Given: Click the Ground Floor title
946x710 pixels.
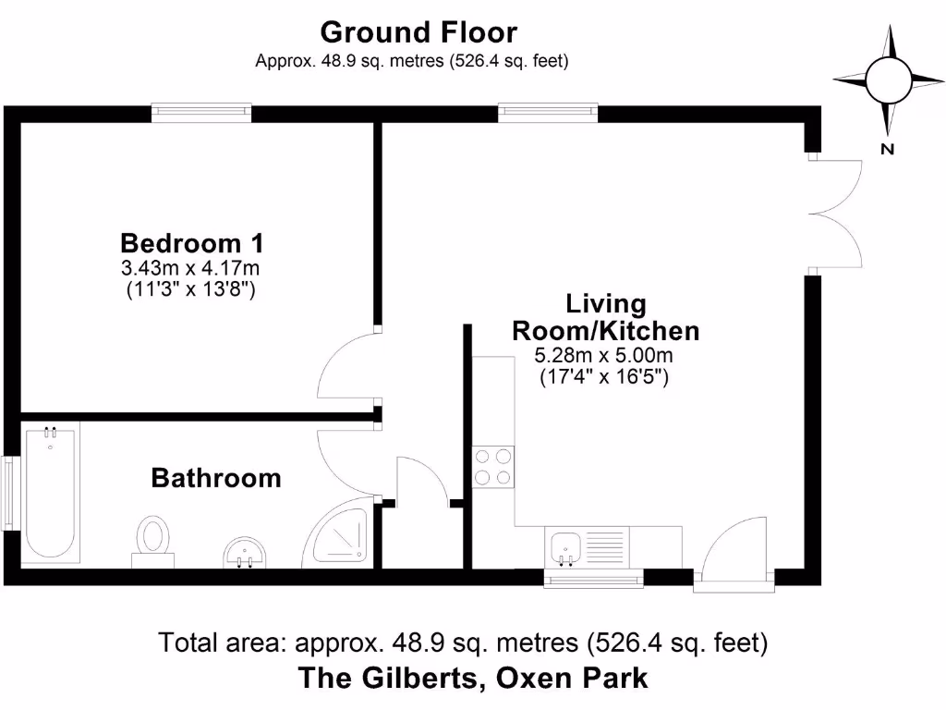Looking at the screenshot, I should (x=418, y=32).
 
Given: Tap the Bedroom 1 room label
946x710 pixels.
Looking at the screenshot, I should (x=192, y=244).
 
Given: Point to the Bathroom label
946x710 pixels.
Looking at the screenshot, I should (x=215, y=478).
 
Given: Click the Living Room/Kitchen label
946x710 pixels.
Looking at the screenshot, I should (x=605, y=317).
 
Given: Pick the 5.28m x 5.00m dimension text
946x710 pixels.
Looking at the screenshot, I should (x=605, y=356).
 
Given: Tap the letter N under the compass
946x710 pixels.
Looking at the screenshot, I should (x=888, y=149).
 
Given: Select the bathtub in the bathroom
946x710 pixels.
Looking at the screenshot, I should (x=50, y=493).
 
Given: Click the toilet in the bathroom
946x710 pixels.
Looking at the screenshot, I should (x=152, y=539).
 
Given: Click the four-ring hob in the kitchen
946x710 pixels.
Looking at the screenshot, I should (x=493, y=467).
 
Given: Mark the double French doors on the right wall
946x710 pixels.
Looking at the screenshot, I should (x=836, y=214).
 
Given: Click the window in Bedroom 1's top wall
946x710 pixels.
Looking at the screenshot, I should (x=201, y=113).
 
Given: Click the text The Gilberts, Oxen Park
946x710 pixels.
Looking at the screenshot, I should (x=472, y=679).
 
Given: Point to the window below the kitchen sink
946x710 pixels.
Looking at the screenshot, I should (x=592, y=580).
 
